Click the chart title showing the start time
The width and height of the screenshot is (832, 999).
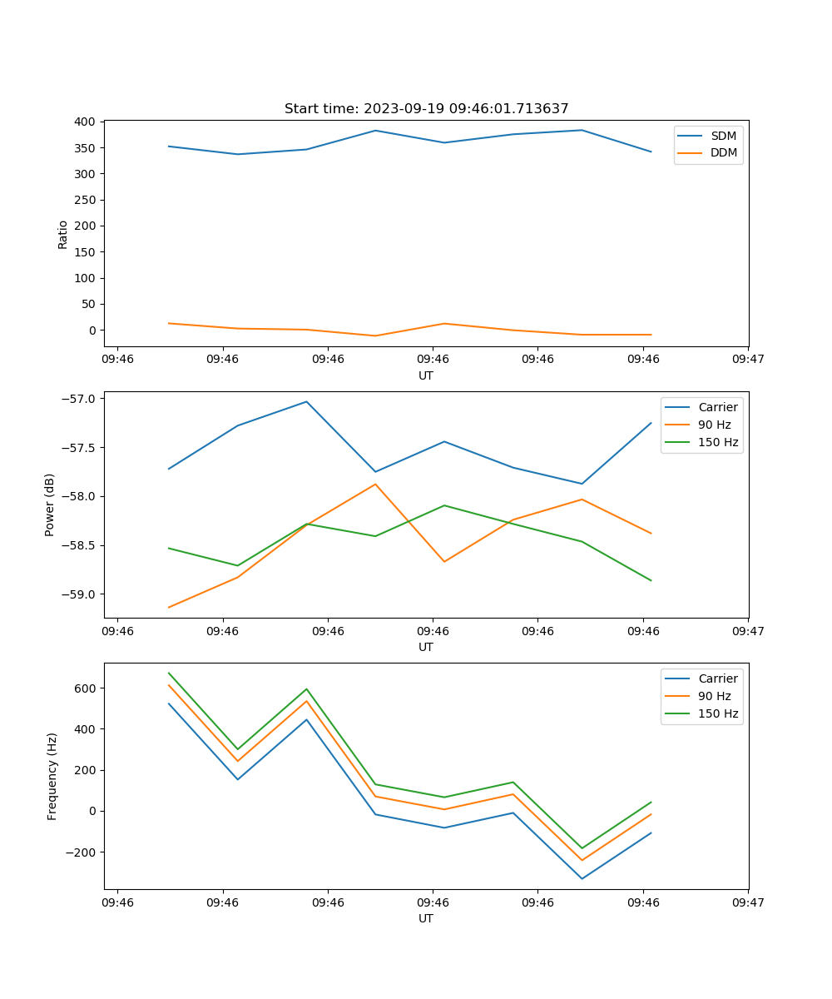coord(426,109)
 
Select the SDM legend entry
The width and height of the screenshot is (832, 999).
coord(722,136)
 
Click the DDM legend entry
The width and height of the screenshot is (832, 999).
coord(722,153)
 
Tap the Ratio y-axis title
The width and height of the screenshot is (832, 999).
coord(63,234)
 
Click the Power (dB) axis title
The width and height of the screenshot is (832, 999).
coord(50,504)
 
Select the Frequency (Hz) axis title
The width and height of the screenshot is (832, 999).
coord(52,776)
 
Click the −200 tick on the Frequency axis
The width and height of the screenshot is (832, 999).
coord(82,852)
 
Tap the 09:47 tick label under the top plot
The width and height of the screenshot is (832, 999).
coord(748,360)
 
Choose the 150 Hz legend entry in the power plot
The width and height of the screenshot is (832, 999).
coord(717,442)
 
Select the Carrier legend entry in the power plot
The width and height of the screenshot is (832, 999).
coord(717,407)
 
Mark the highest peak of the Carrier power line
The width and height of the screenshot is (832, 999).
coord(306,401)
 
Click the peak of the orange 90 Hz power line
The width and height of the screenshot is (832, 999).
coord(375,484)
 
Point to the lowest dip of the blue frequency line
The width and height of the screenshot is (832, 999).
coord(582,878)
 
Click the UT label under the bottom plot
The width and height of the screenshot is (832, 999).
coord(426,918)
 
